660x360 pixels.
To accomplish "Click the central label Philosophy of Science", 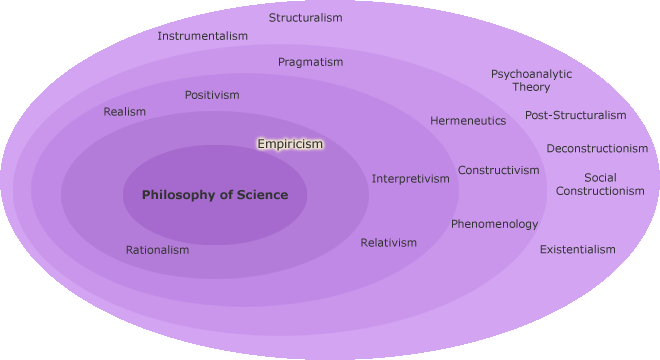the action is [x=215, y=195].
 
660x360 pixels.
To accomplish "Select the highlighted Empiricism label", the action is [x=290, y=144].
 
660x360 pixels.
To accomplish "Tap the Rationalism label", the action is [x=157, y=250].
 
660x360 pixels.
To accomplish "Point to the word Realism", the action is [x=124, y=112].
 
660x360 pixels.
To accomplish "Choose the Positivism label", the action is [x=212, y=95].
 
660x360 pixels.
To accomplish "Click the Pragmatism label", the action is [x=310, y=62].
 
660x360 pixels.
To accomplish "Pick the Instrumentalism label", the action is [x=202, y=36].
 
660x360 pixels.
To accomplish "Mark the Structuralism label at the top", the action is [x=305, y=18].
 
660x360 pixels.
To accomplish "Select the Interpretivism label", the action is [x=411, y=179].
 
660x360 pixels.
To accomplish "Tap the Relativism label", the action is [x=388, y=243].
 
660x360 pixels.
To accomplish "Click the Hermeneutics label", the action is [x=468, y=121].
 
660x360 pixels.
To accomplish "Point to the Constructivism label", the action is [x=498, y=170].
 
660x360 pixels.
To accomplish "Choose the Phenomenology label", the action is [x=494, y=224].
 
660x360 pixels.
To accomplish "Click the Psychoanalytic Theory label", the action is [x=531, y=80].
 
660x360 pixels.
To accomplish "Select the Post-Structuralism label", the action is [x=575, y=115].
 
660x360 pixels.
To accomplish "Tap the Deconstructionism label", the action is [x=597, y=149].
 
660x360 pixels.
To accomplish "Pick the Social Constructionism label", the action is [x=600, y=184].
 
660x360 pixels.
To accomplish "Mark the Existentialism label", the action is [x=577, y=249].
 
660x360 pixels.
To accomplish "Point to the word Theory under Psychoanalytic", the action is [x=531, y=87].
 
